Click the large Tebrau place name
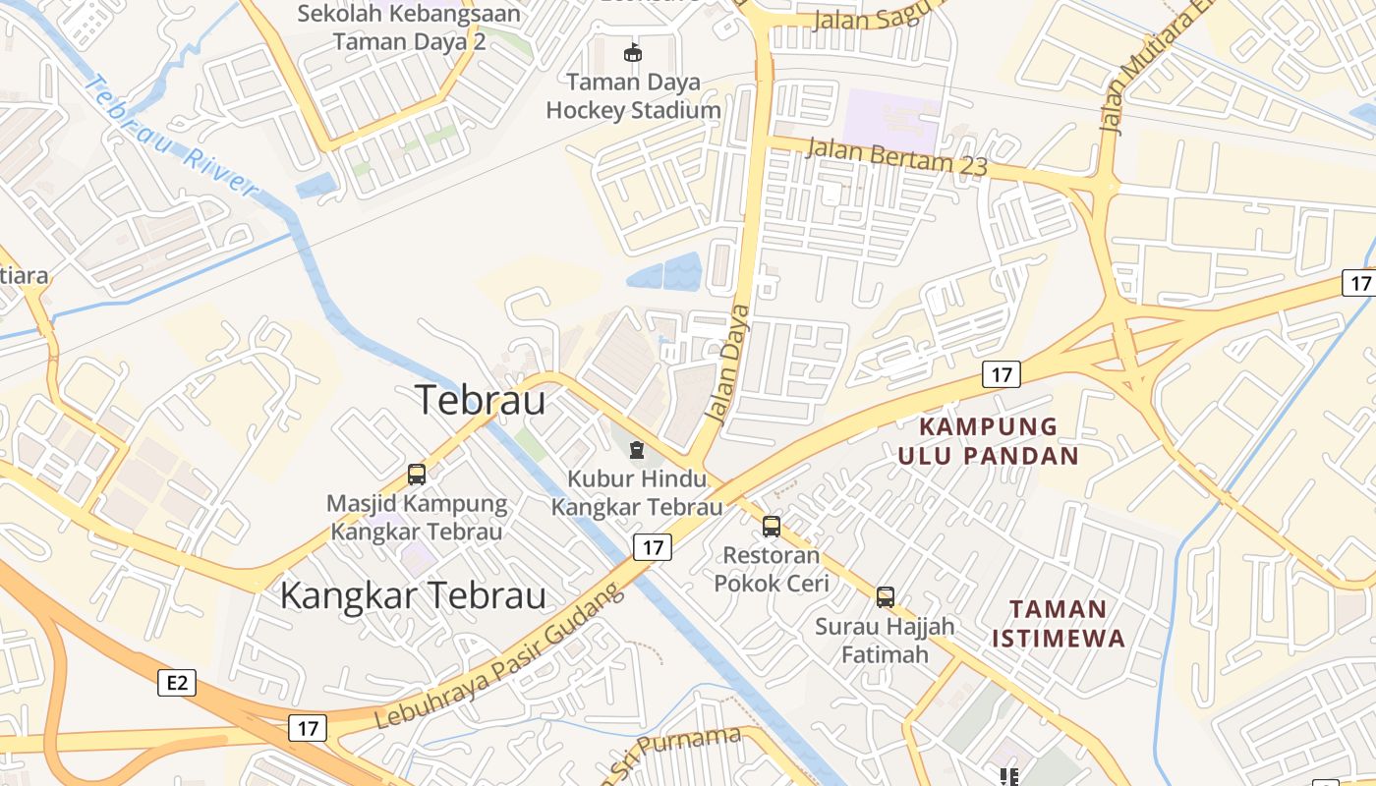pyautogui.click(x=480, y=400)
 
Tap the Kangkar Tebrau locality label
pyautogui.click(x=413, y=595)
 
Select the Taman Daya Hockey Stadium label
pyautogui.click(x=633, y=96)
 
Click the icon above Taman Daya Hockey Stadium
pyautogui.click(x=633, y=53)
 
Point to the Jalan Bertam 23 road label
pyautogui.click(x=896, y=157)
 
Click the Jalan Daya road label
pyautogui.click(x=728, y=364)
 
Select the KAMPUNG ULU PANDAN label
pyautogui.click(x=988, y=441)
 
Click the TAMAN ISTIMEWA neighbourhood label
pyautogui.click(x=1058, y=624)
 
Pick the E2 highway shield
pyautogui.click(x=177, y=683)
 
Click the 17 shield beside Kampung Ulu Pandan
pyautogui.click(x=1001, y=374)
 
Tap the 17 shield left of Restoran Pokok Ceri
pyautogui.click(x=653, y=547)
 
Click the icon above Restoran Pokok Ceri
pyautogui.click(x=772, y=527)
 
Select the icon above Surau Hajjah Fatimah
pyautogui.click(x=886, y=596)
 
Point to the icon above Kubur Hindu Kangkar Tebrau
pyautogui.click(x=637, y=450)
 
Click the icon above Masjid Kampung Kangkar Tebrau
pyautogui.click(x=417, y=475)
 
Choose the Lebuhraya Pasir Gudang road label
pyautogui.click(x=499, y=656)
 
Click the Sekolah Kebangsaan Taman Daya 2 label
pyautogui.click(x=409, y=28)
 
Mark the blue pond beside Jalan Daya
pyautogui.click(x=664, y=272)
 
